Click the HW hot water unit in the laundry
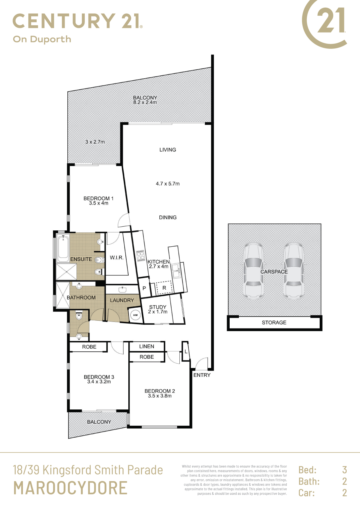point(135,315)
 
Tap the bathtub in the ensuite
point(63,248)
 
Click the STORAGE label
point(274,322)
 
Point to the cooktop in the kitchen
point(141,255)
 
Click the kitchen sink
point(176,271)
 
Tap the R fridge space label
point(164,288)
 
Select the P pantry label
point(144,288)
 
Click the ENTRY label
point(202,375)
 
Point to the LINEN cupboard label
point(147,346)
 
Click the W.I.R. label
point(117,257)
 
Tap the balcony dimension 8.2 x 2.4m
point(145,102)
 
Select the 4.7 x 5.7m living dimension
point(168,184)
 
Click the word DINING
point(168,217)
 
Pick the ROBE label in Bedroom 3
point(89,347)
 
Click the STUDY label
point(158,307)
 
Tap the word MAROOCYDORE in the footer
point(71,488)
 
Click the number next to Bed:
point(345,470)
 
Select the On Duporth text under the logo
point(42,39)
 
